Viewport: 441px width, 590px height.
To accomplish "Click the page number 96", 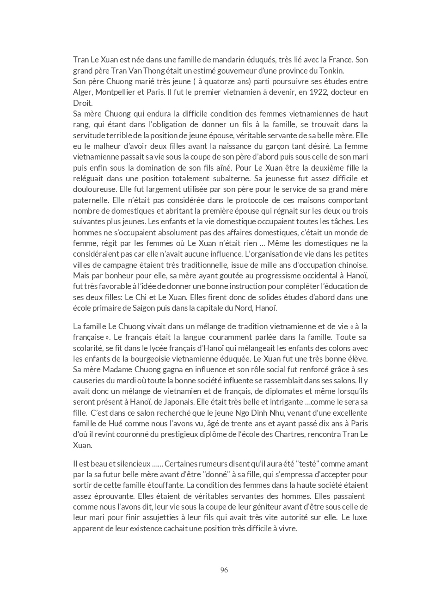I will pos(224,570).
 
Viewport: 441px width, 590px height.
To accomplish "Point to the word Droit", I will pos(83,103).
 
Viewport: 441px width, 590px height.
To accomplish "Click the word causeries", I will pos(88,381).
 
